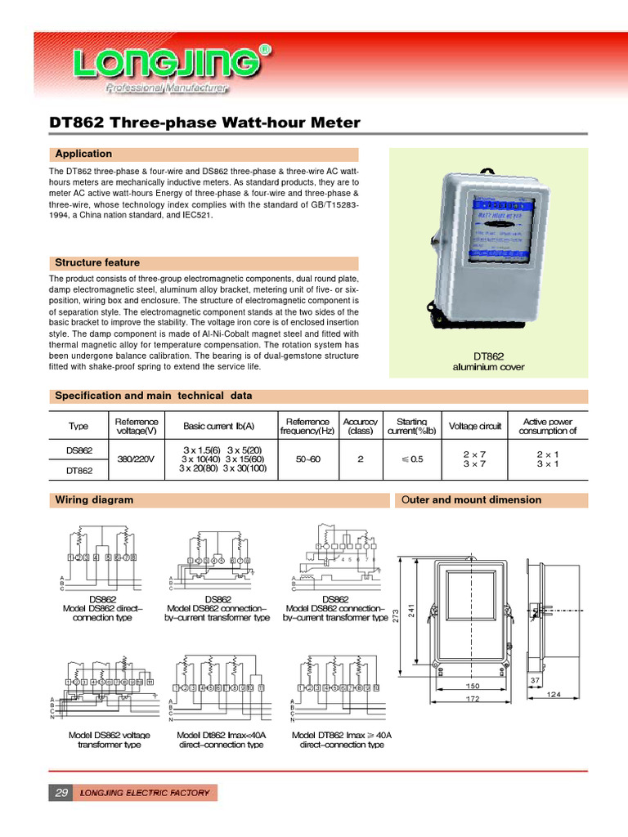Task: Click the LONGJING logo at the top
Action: (172, 65)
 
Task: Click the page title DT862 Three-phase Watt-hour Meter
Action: (204, 123)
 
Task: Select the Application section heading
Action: (83, 154)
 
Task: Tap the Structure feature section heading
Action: (96, 262)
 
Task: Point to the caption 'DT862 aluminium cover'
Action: (489, 362)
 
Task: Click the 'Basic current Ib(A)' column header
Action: (218, 426)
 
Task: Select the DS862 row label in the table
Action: (79, 450)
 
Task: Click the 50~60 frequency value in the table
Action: (307, 459)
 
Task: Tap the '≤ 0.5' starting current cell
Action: (411, 459)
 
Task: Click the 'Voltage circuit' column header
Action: (474, 426)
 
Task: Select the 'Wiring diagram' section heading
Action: (93, 499)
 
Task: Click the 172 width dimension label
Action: (473, 701)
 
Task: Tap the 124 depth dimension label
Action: (555, 696)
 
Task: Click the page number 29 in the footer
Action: (60, 793)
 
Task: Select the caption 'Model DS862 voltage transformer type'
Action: (109, 740)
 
